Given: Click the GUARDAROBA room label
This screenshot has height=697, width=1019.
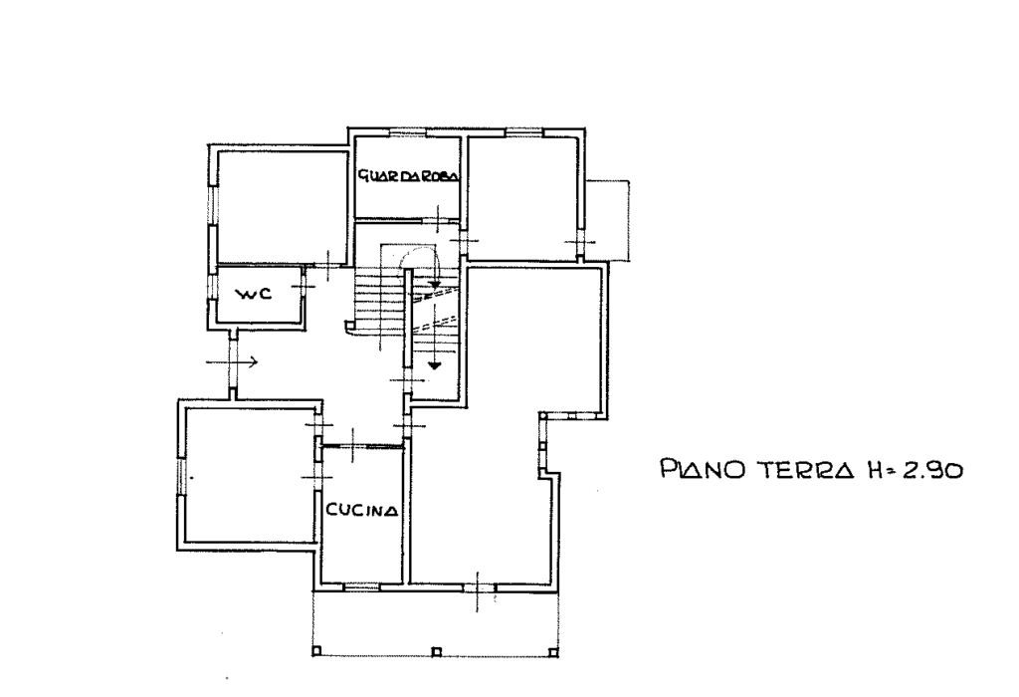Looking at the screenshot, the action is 409,175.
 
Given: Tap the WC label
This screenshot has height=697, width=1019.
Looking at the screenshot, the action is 254,294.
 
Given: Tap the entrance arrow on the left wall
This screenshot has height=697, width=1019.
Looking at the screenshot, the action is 232,361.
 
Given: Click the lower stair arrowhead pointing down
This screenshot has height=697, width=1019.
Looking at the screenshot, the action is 434,365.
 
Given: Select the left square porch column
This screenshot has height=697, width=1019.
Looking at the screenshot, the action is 317,651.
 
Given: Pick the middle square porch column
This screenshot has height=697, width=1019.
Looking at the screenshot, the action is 436,651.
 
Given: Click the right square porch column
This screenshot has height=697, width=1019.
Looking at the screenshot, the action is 553,651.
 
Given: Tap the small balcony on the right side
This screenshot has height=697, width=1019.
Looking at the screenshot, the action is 608,220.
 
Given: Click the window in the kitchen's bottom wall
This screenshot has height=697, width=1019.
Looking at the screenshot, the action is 360,587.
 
